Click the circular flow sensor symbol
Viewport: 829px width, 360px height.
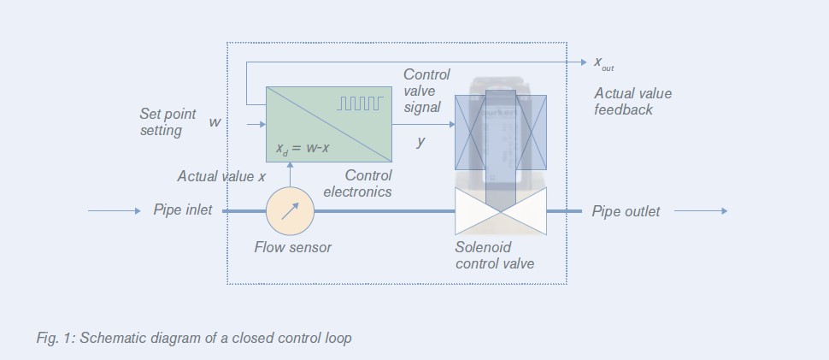(291, 210)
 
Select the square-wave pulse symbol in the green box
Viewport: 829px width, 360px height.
(361, 103)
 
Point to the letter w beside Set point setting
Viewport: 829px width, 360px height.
(215, 122)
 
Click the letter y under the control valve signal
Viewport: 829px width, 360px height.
(420, 142)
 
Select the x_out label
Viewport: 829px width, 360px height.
(603, 63)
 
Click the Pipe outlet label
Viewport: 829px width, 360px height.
(626, 211)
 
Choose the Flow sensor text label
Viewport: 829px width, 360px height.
(292, 248)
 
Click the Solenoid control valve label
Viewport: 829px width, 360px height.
(495, 256)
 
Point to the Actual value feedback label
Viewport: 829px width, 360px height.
(632, 102)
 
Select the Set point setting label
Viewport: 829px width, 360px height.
(168, 122)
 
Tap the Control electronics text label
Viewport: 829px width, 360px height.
(358, 184)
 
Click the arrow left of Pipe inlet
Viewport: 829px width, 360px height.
(114, 210)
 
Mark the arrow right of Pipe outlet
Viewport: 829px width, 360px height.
(701, 211)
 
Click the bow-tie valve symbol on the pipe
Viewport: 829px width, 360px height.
(501, 211)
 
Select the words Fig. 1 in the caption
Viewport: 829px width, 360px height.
(53, 338)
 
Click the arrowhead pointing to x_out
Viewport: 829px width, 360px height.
(584, 62)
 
